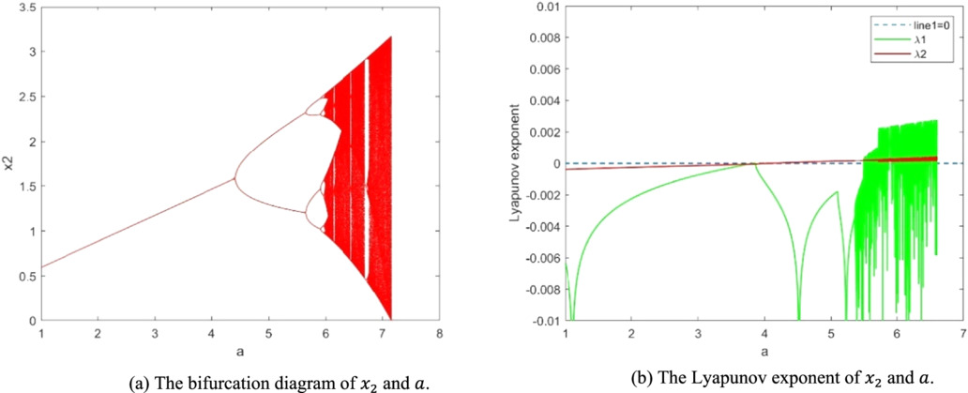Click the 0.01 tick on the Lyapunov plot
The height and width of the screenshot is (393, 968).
[x=546, y=8]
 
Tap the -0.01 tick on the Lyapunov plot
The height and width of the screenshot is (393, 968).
[x=543, y=321]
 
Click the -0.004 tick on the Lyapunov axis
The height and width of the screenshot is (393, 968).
[x=541, y=227]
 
